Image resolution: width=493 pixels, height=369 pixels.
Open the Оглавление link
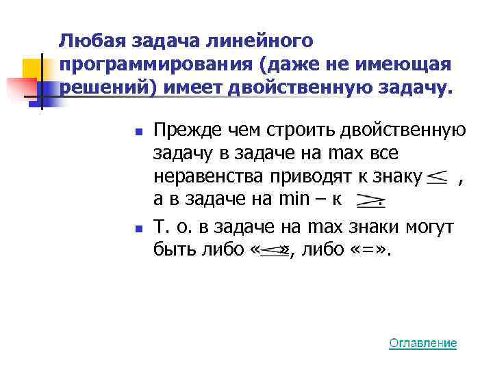(x=422, y=343)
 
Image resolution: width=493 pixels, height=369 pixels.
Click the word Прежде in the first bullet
(x=179, y=130)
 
